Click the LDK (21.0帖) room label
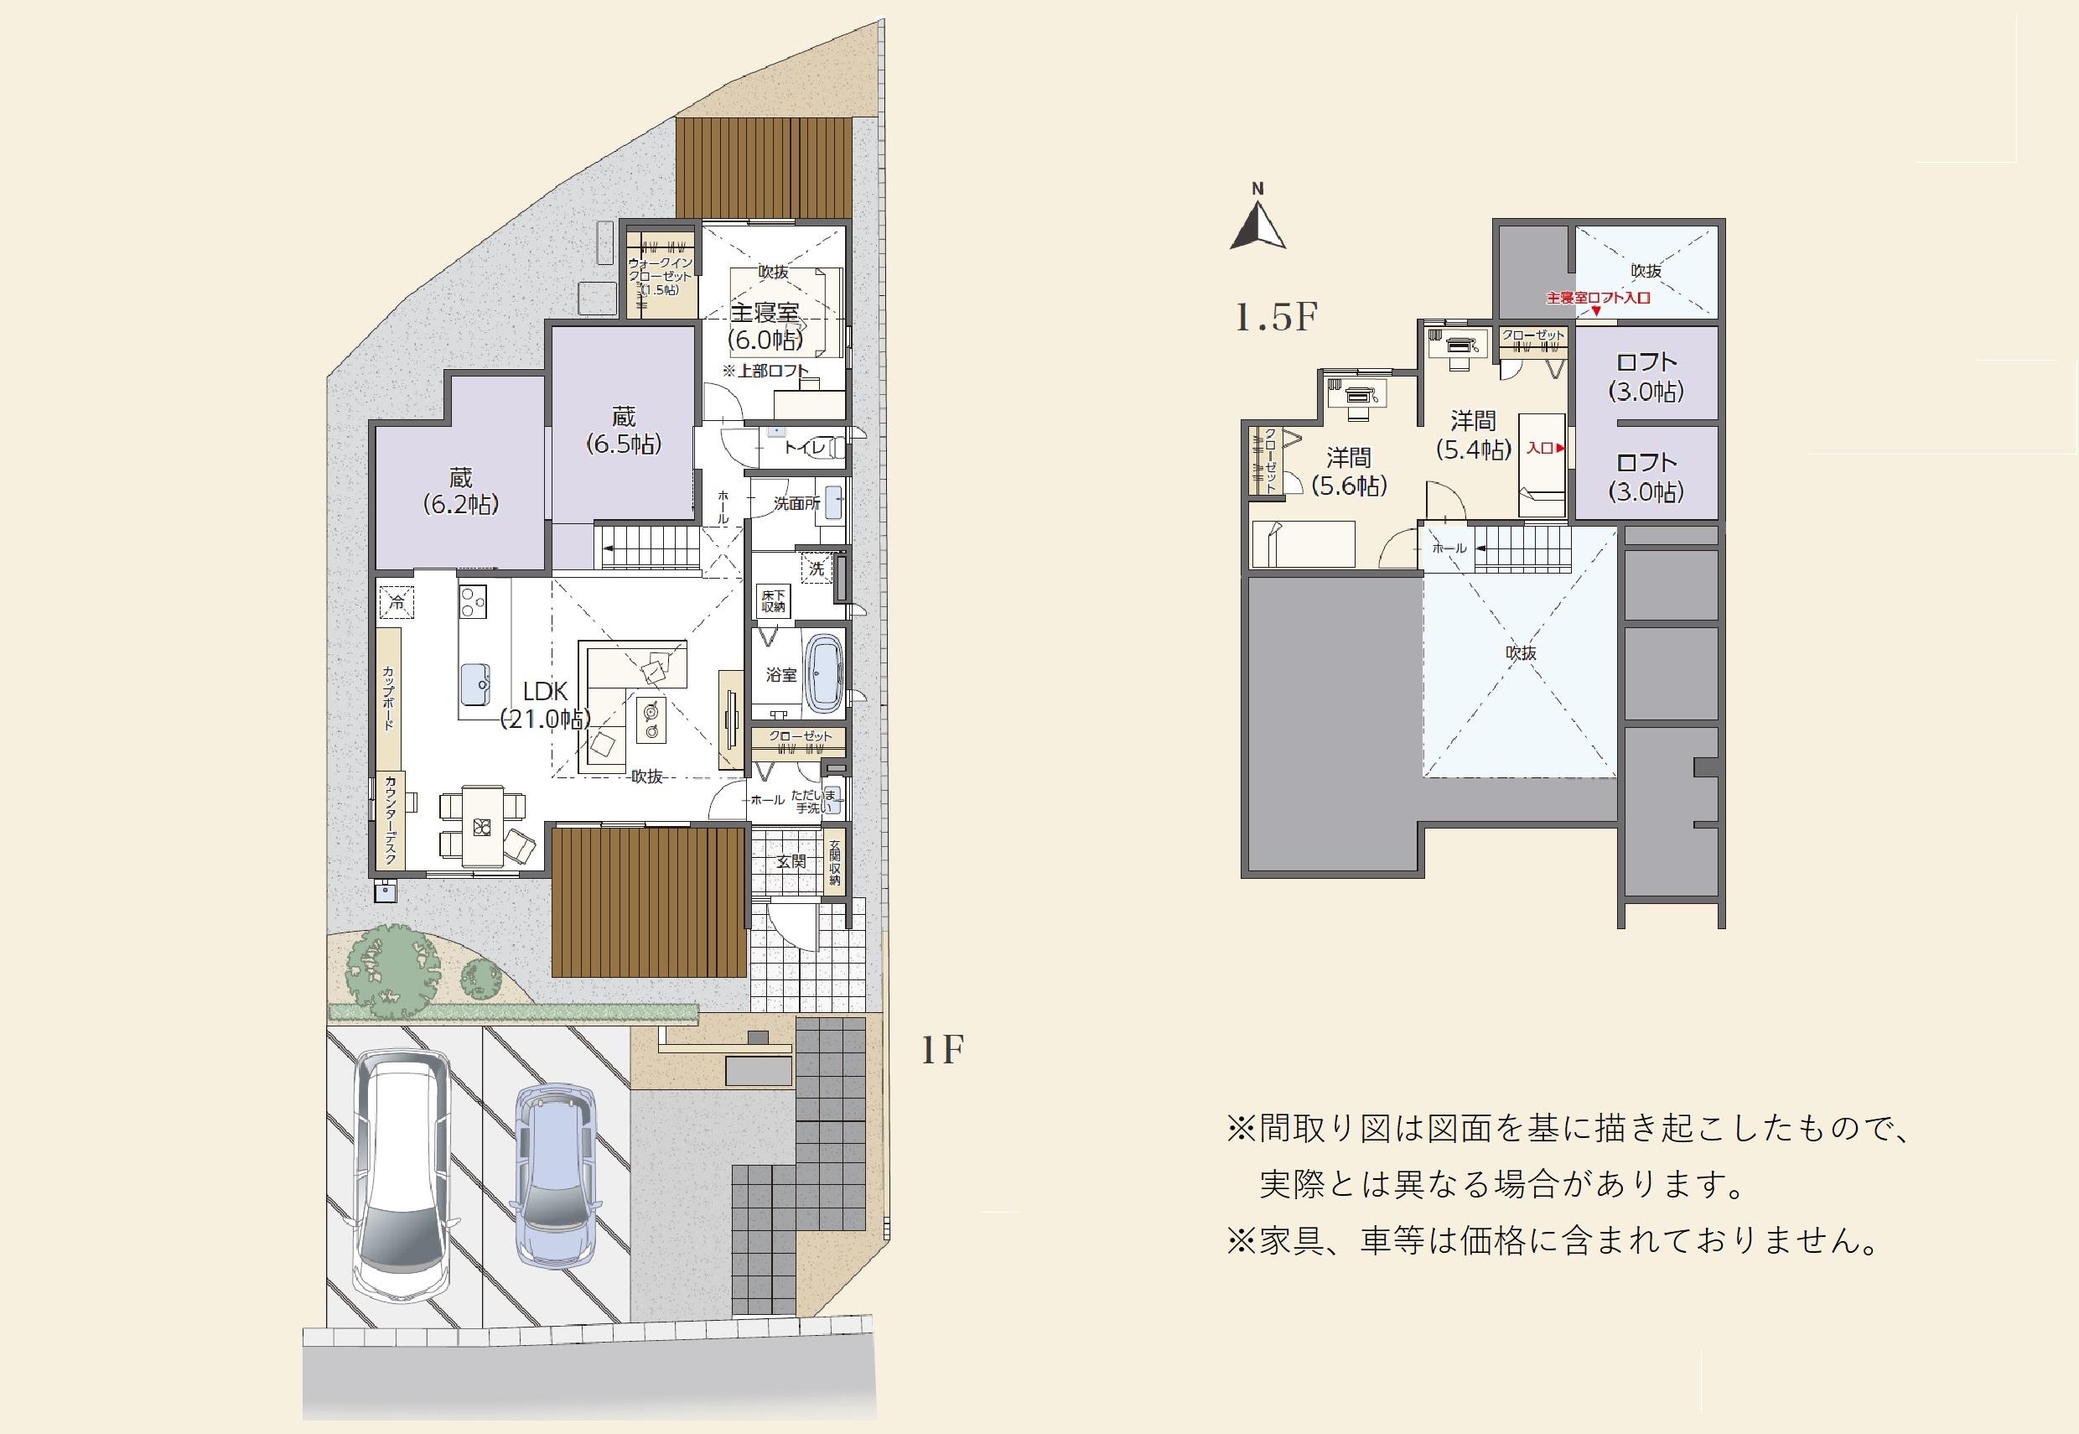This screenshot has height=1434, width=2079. click(x=546, y=704)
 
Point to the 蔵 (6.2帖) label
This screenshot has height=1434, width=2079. click(x=461, y=491)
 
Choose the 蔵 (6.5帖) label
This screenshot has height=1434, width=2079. click(x=625, y=430)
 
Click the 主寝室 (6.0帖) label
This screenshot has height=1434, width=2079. click(x=765, y=325)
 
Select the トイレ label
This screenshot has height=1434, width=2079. click(x=804, y=446)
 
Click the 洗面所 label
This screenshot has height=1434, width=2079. click(x=796, y=504)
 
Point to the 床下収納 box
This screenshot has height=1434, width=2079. click(x=773, y=601)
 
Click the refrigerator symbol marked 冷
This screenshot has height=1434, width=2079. click(x=396, y=601)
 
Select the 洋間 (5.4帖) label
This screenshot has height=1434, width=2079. click(x=1474, y=434)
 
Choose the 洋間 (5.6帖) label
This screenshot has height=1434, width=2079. click(x=1349, y=471)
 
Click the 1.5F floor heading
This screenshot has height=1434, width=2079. click(x=1275, y=318)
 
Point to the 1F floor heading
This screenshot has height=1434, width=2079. click(x=942, y=1049)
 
